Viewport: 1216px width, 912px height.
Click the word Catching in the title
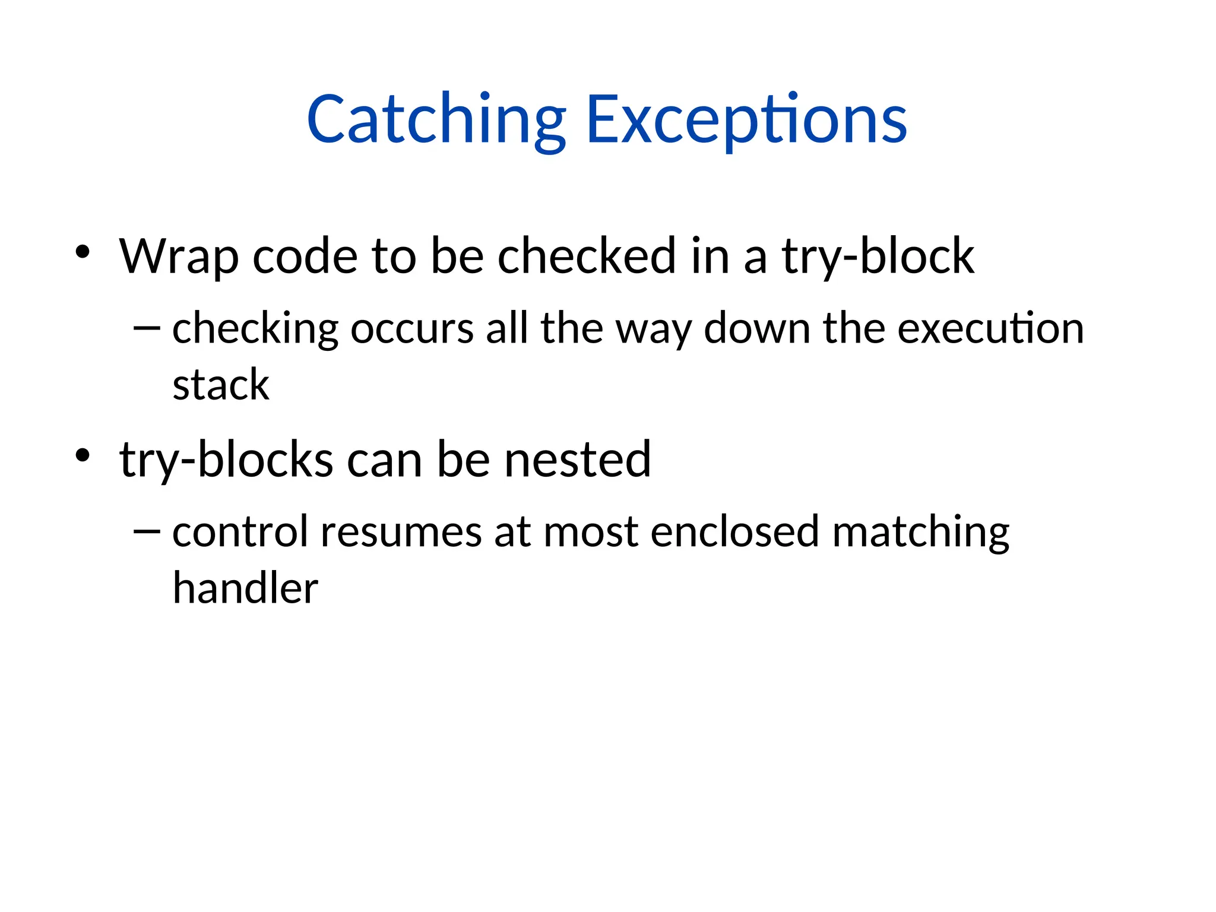point(436,120)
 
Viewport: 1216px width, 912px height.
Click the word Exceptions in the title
point(746,120)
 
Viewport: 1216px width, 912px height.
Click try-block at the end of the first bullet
point(878,256)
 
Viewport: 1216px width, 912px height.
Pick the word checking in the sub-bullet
point(255,329)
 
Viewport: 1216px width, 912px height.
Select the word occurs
point(412,329)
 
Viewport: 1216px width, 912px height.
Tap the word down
point(756,329)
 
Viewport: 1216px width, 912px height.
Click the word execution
point(990,329)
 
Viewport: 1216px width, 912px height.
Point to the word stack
point(221,385)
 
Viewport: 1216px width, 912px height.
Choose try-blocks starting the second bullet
point(226,460)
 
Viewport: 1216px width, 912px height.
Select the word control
point(240,531)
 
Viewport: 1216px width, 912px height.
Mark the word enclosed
point(735,531)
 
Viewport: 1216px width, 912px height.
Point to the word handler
point(245,588)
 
